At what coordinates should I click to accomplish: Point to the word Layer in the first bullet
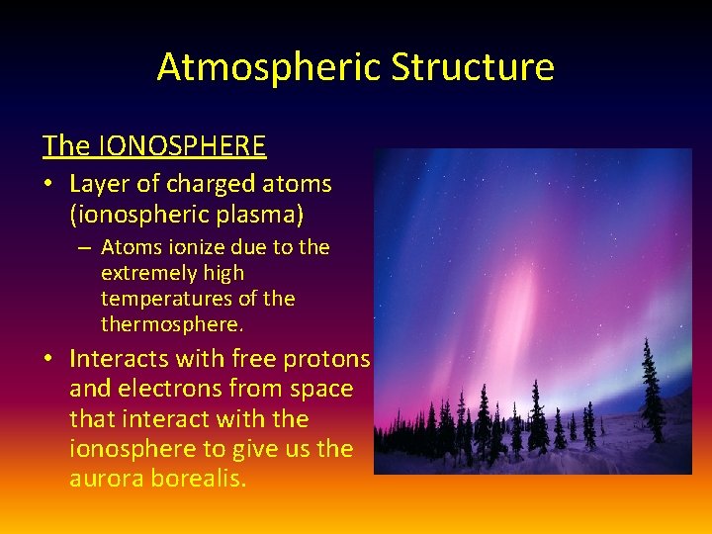[99, 184]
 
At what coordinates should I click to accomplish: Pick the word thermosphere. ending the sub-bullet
[171, 324]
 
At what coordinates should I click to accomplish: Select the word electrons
[174, 389]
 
